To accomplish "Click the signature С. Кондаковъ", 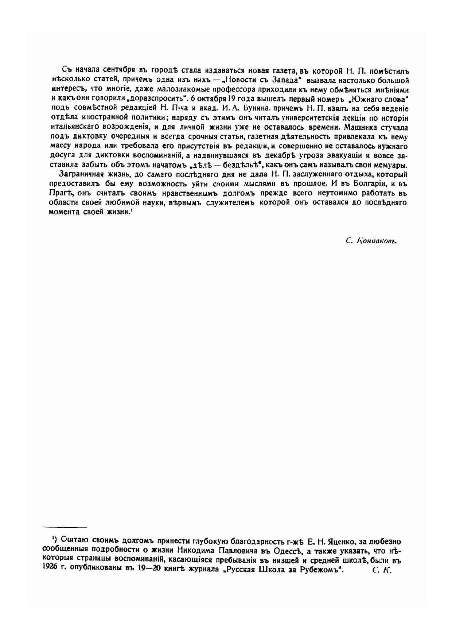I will [371, 241].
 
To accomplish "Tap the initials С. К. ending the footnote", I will [382, 571].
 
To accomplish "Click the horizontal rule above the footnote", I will [65, 527].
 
